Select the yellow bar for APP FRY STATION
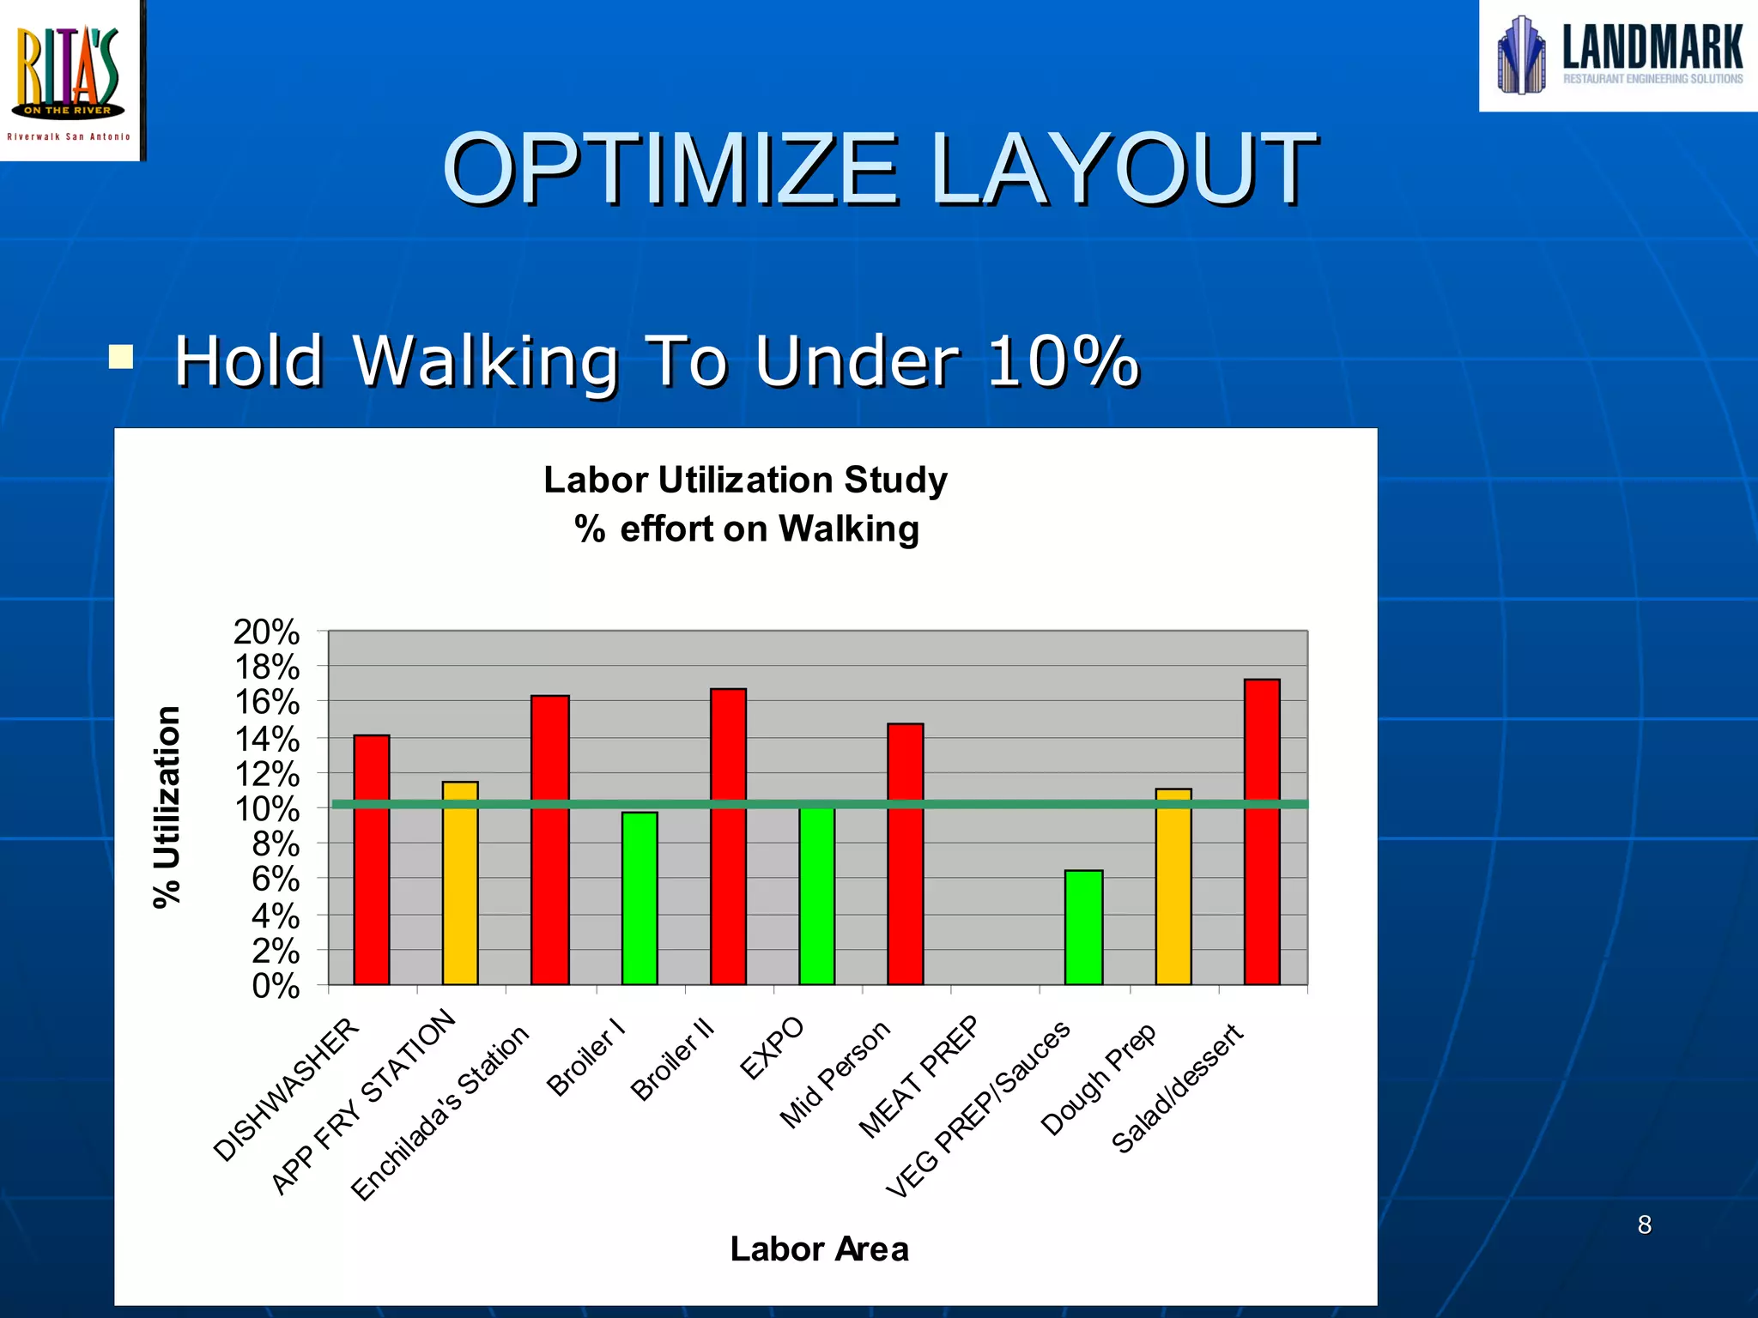[460, 884]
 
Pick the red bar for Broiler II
[728, 837]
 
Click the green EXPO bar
[816, 897]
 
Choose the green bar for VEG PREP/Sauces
[1083, 928]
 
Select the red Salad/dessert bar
[1262, 832]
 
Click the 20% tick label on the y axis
[266, 632]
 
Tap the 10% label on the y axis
[266, 809]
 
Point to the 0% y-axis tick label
[275, 987]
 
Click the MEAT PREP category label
[919, 1076]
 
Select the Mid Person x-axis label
[835, 1074]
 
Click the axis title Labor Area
[819, 1248]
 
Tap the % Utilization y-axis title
[167, 807]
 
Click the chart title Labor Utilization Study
[745, 480]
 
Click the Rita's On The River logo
[70, 79]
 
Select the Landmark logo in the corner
[1619, 55]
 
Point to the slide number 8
[1644, 1224]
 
